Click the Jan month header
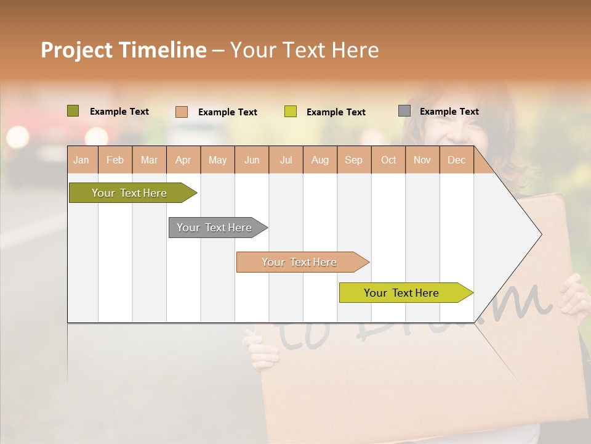[81, 160]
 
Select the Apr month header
[183, 160]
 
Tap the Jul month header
[286, 160]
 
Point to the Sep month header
[353, 160]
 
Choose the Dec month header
[456, 160]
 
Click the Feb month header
[115, 160]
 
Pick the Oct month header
[388, 160]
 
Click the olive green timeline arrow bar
[130, 193]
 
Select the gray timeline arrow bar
[215, 228]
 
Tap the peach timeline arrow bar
[300, 262]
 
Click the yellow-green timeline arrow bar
[402, 293]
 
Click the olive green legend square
[73, 111]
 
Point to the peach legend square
[182, 112]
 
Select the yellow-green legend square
[291, 112]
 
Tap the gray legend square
[404, 111]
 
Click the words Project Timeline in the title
[124, 50]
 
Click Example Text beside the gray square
[449, 112]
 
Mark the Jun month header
[252, 160]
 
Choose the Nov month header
[422, 160]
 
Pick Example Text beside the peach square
[227, 112]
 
